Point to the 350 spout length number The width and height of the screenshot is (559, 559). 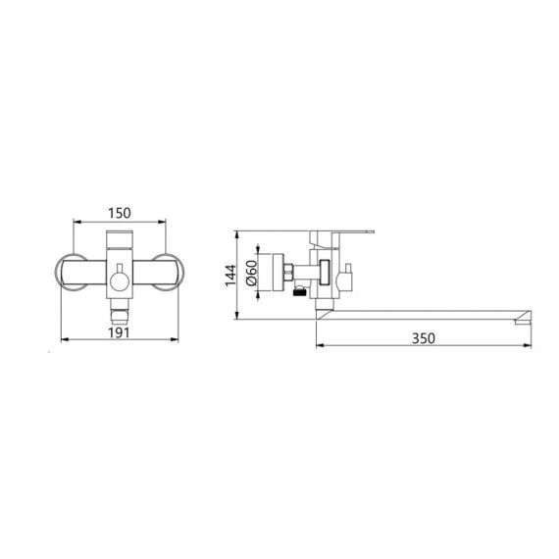424,337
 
